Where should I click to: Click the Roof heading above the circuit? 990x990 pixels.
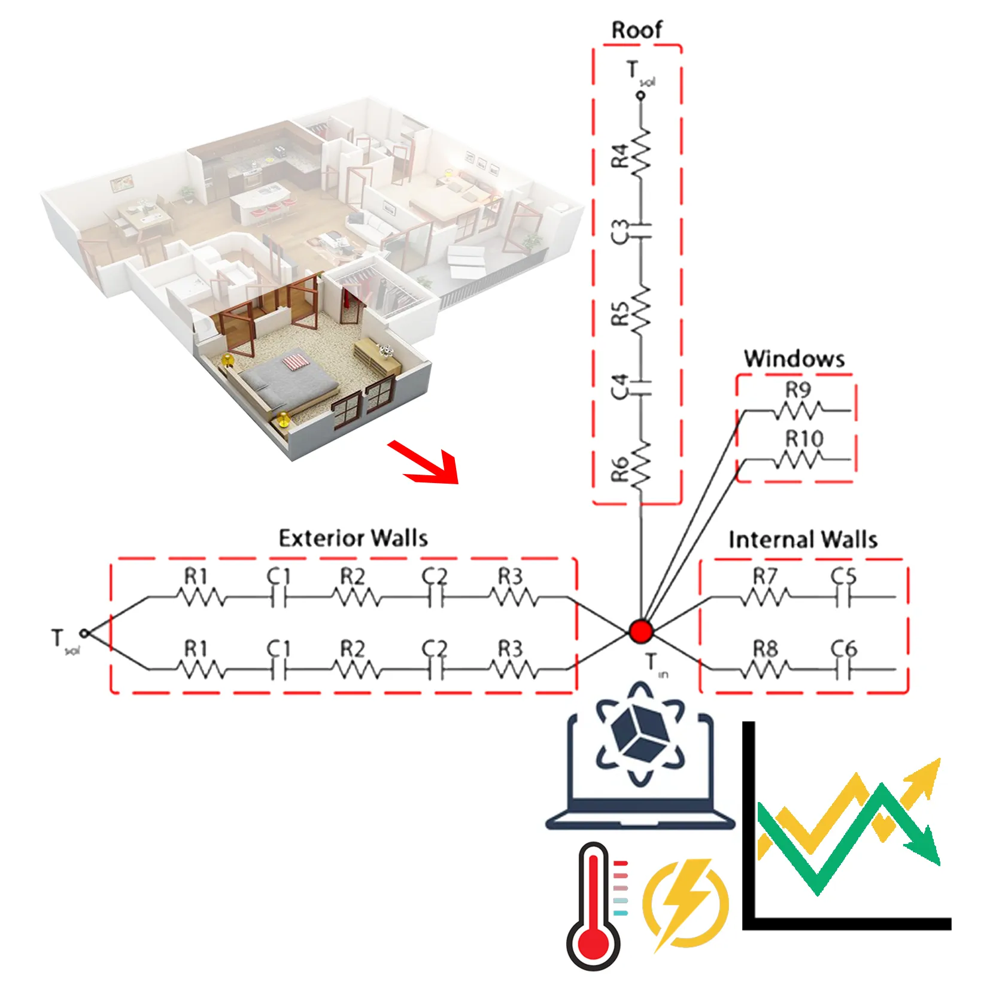636,30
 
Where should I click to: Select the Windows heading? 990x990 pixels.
794,359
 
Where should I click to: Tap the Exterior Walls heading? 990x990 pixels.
353,537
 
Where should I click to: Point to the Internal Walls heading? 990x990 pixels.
803,539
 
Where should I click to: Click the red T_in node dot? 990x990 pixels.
640,631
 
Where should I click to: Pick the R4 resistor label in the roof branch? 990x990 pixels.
620,156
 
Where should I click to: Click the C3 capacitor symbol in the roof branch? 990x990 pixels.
642,230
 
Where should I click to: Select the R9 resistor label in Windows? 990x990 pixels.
798,390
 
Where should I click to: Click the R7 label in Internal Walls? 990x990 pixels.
764,576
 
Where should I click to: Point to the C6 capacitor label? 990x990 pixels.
843,648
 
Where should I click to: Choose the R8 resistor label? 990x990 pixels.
765,649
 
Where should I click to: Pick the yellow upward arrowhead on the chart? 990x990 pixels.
924,775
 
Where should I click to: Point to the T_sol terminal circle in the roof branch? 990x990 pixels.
640,95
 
